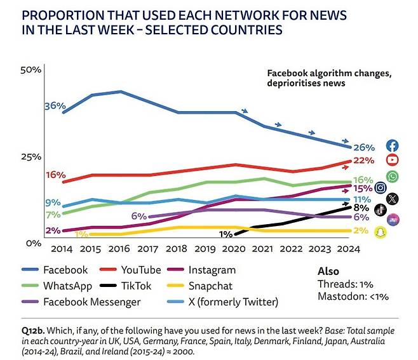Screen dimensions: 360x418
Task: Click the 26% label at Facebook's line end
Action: point(363,147)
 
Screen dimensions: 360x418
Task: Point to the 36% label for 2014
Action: point(55,106)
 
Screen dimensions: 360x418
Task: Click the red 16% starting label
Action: point(55,175)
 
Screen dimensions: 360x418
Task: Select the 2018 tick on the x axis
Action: point(177,250)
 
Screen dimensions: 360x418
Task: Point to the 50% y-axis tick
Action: point(31,69)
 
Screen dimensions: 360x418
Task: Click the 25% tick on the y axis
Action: point(31,157)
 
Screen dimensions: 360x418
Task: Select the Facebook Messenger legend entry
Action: point(91,302)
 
